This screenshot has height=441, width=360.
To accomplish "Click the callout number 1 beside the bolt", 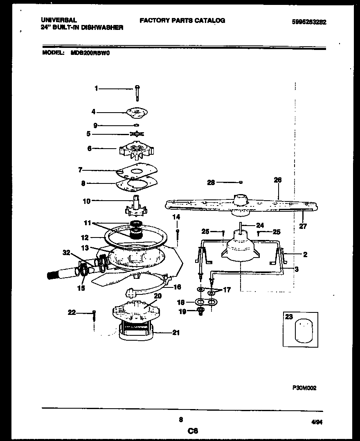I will [97, 88].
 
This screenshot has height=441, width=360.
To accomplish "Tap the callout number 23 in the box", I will [289, 317].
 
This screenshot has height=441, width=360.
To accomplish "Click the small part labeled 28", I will [241, 182].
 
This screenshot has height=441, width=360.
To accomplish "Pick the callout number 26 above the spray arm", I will [277, 180].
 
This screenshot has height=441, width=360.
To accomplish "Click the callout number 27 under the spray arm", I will [303, 226].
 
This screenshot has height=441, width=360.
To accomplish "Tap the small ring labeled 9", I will [137, 125].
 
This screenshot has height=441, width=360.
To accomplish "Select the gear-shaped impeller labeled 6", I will [136, 150].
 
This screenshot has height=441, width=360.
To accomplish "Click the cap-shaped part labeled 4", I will [137, 111].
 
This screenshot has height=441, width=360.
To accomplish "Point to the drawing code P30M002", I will [304, 388].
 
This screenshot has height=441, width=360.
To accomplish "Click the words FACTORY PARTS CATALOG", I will [182, 20].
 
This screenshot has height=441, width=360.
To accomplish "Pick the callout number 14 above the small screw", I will [176, 217].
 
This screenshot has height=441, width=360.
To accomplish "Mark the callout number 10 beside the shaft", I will [86, 201].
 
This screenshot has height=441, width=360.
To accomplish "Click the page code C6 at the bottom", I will [193, 430].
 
